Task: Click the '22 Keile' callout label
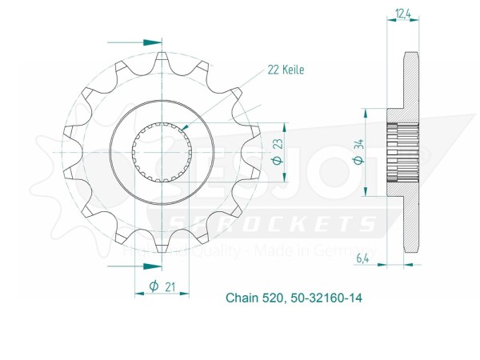pyautogui.click(x=285, y=70)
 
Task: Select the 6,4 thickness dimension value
pyautogui.click(x=363, y=259)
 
